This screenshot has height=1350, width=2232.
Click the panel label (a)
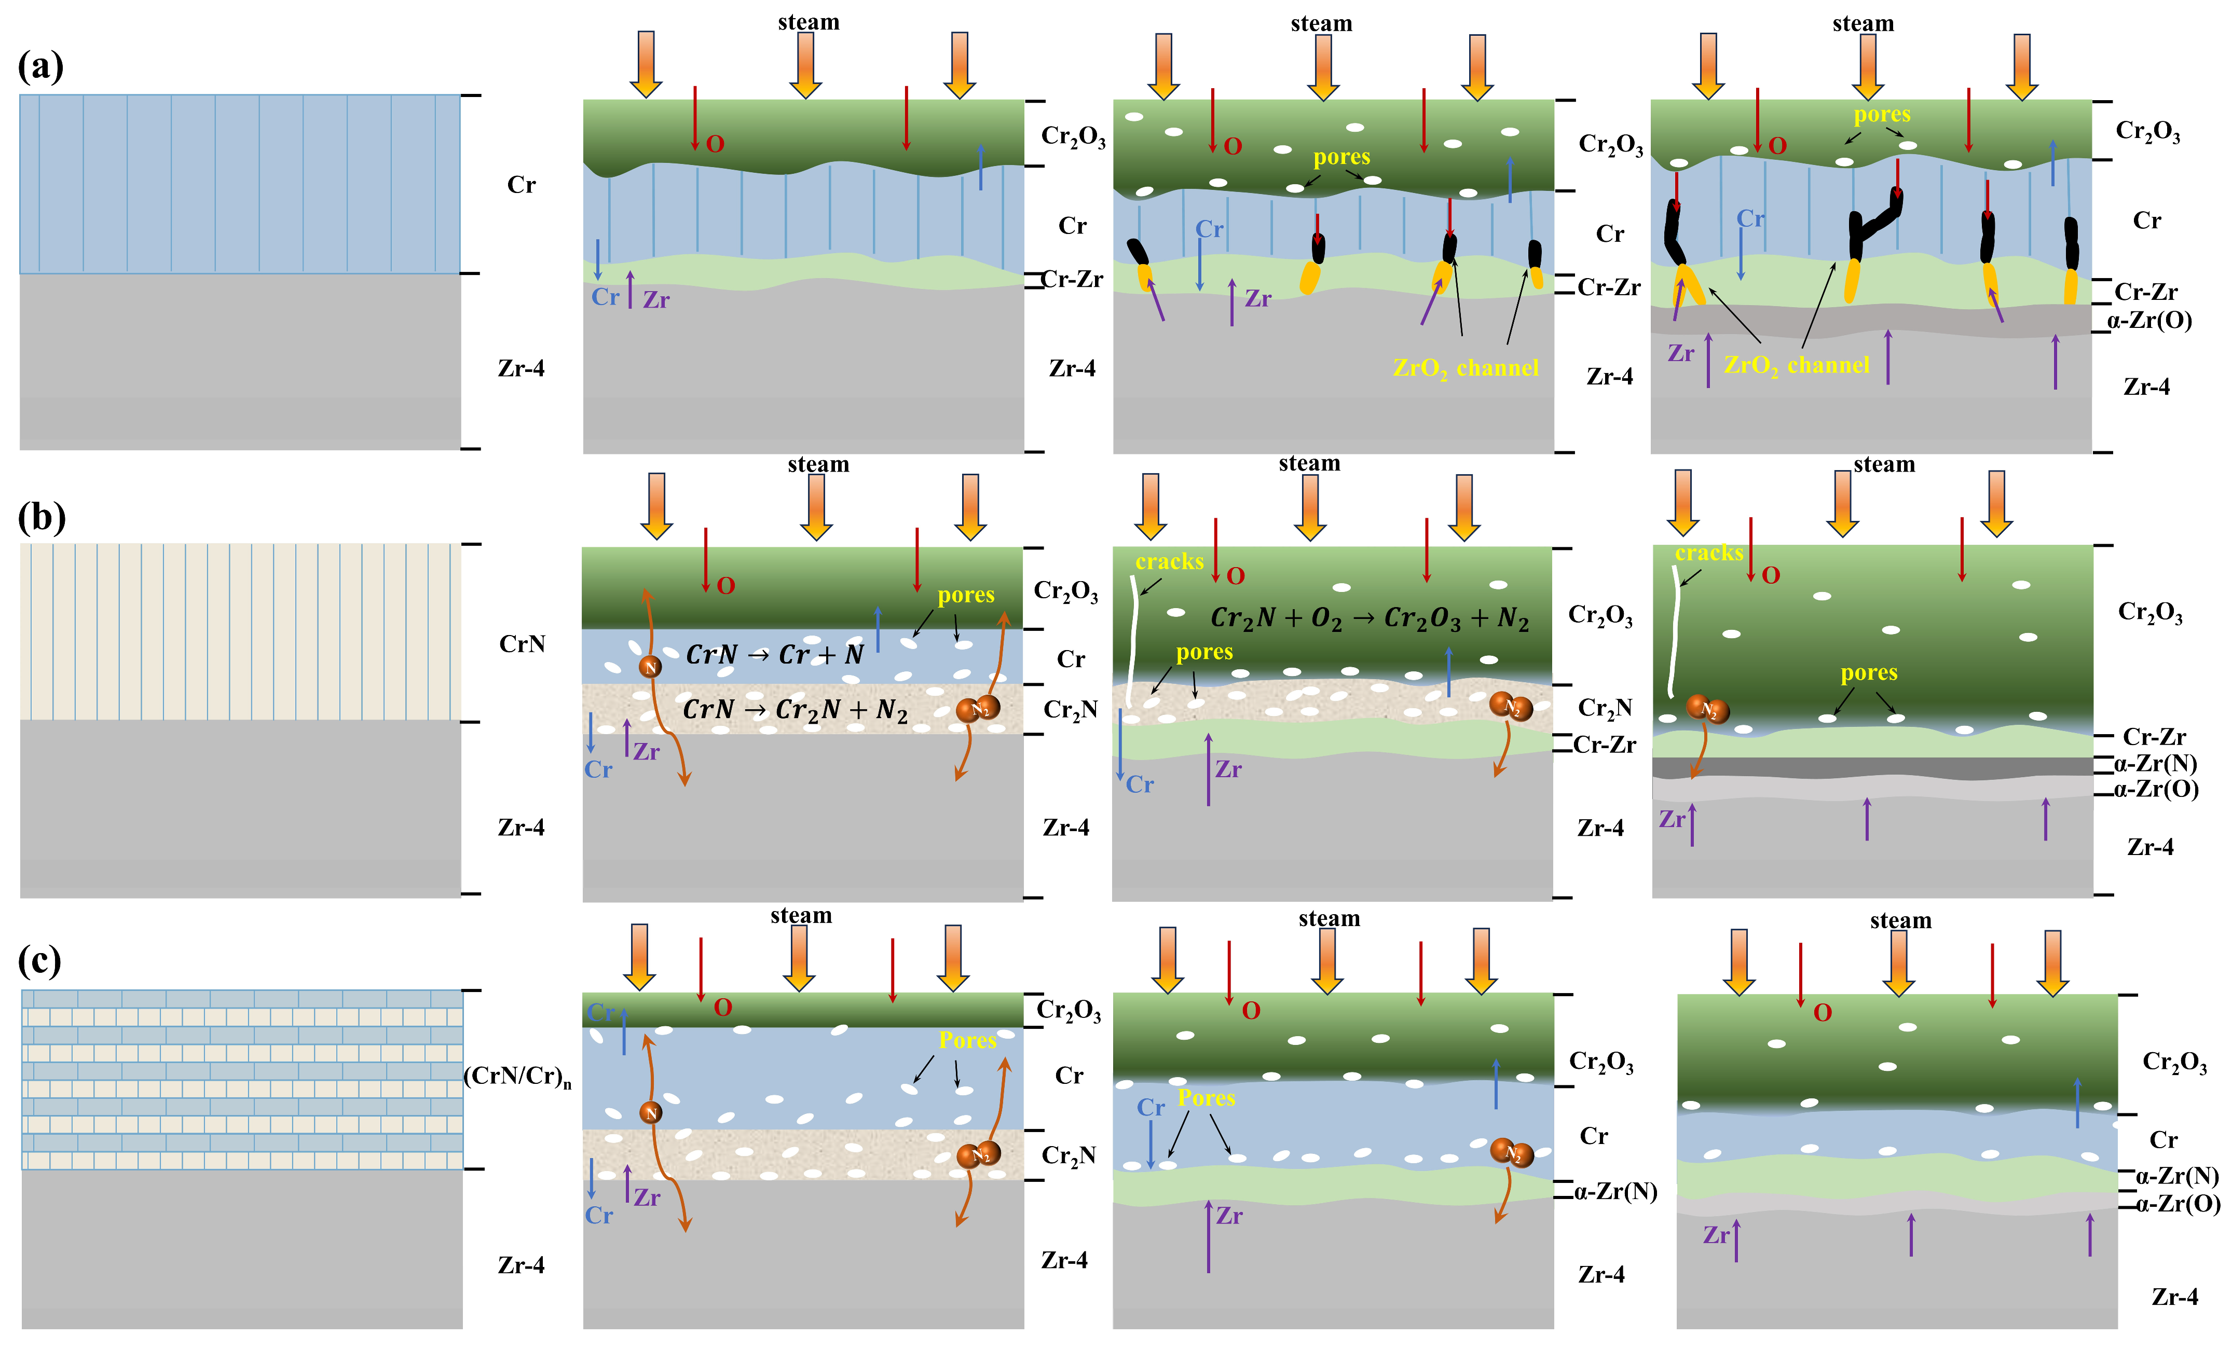pos(41,66)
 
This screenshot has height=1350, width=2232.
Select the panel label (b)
pos(42,516)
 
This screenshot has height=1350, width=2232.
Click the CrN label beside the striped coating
pos(522,644)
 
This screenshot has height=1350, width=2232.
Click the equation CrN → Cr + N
pos(774,655)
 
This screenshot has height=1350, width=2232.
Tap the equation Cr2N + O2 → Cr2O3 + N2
pos(1369,618)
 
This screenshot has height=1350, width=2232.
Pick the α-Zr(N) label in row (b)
pos(2155,763)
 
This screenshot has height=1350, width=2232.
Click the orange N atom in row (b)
pos(650,667)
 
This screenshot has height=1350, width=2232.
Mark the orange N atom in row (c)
pos(650,1113)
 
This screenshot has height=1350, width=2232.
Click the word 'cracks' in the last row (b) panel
pos(1708,553)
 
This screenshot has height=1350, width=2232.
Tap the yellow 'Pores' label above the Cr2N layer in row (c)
pos(967,1040)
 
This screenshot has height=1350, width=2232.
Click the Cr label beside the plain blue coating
pos(521,185)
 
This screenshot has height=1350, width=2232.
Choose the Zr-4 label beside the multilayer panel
pos(521,1265)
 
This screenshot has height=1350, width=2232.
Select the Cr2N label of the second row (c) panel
pos(1069,1155)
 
